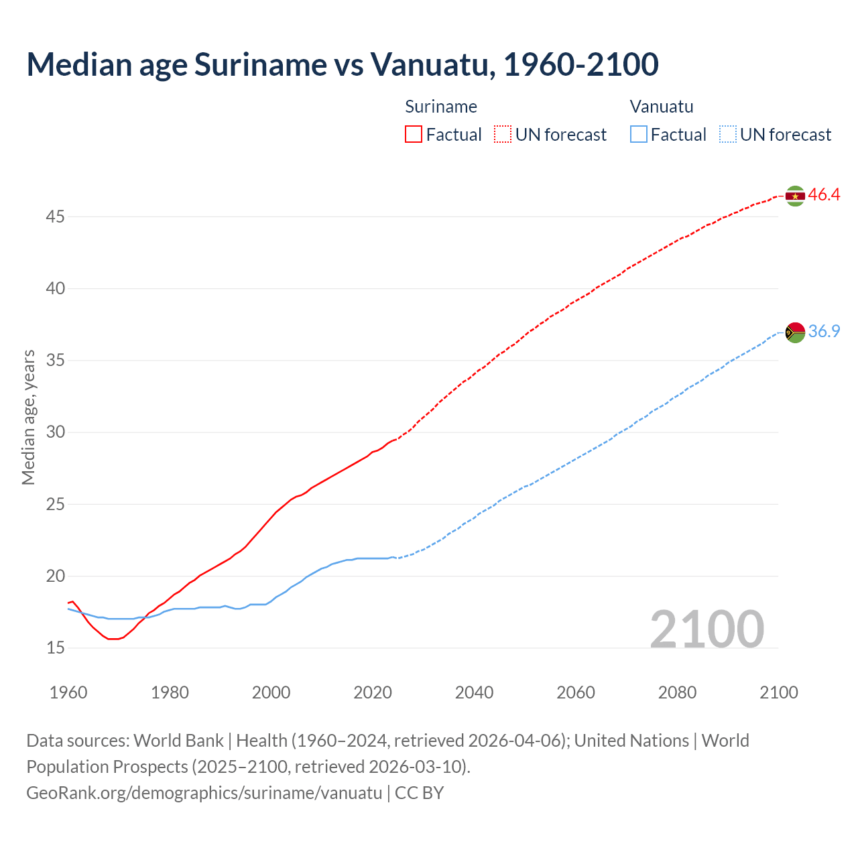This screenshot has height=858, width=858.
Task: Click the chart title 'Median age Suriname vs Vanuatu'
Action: click(342, 64)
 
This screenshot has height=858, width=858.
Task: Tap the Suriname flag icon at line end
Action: click(795, 196)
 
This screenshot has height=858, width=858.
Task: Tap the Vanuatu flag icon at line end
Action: click(795, 332)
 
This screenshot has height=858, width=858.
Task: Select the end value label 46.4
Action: click(824, 195)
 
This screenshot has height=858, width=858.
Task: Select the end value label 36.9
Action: click(824, 331)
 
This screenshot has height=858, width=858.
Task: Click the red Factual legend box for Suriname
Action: click(414, 134)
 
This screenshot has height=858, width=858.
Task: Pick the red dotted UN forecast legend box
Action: click(503, 134)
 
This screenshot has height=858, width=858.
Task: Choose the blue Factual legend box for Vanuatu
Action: click(639, 134)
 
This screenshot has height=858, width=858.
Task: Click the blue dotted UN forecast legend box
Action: click(727, 134)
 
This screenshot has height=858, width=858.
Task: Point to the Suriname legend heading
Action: click(441, 107)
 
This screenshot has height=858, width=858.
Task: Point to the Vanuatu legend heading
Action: click(662, 107)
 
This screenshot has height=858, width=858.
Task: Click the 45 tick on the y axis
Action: click(56, 217)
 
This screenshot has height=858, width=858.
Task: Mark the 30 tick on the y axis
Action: click(56, 432)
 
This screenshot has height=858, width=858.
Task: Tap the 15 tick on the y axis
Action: click(56, 648)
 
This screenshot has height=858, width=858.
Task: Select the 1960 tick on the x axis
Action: click(68, 692)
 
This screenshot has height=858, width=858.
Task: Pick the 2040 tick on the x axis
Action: click(474, 692)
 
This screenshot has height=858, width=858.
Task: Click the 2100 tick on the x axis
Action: click(779, 692)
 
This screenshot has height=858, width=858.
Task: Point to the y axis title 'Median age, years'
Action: click(28, 417)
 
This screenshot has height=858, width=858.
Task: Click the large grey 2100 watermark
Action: click(707, 629)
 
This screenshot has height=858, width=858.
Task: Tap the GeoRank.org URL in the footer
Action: click(204, 793)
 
